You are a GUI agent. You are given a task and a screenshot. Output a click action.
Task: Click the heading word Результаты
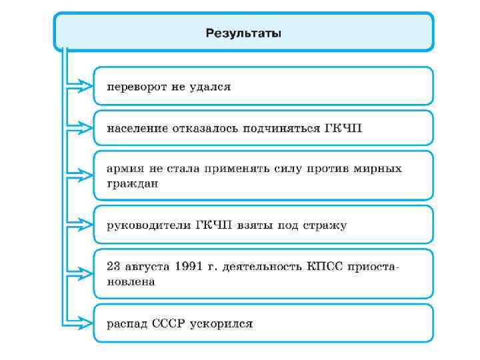[x=243, y=33]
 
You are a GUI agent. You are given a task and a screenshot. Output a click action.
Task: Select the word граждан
[x=133, y=183]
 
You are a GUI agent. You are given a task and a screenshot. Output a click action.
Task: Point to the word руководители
[x=148, y=225]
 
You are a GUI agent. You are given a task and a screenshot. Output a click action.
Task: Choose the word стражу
[x=324, y=225]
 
